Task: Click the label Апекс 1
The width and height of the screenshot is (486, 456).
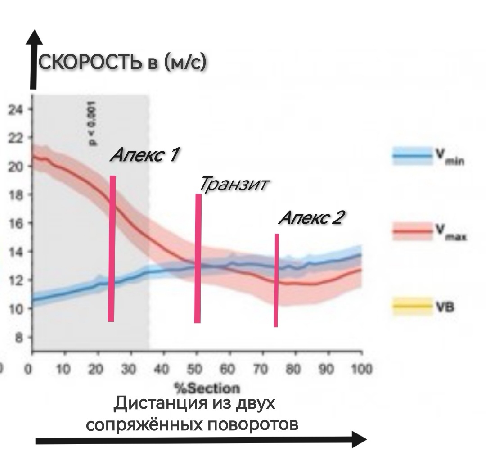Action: click(x=144, y=155)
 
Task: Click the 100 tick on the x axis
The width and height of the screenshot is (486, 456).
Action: click(x=360, y=370)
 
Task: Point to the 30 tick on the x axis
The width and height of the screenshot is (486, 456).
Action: click(x=130, y=370)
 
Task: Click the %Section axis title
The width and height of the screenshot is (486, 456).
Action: click(x=196, y=388)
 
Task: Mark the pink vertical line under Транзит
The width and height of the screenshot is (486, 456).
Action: click(x=198, y=258)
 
